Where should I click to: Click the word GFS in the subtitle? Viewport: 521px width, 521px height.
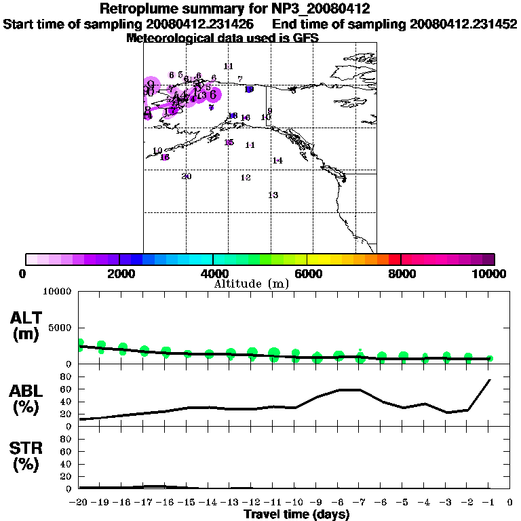(306, 38)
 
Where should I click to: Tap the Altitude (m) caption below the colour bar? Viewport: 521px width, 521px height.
(252, 284)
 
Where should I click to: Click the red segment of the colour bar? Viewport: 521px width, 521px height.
(394, 259)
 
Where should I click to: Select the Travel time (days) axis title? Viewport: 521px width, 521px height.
(296, 515)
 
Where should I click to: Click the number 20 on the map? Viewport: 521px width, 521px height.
(187, 176)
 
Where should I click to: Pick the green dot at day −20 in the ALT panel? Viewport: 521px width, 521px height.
(80, 344)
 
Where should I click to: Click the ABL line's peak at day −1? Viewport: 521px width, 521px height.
(489, 380)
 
